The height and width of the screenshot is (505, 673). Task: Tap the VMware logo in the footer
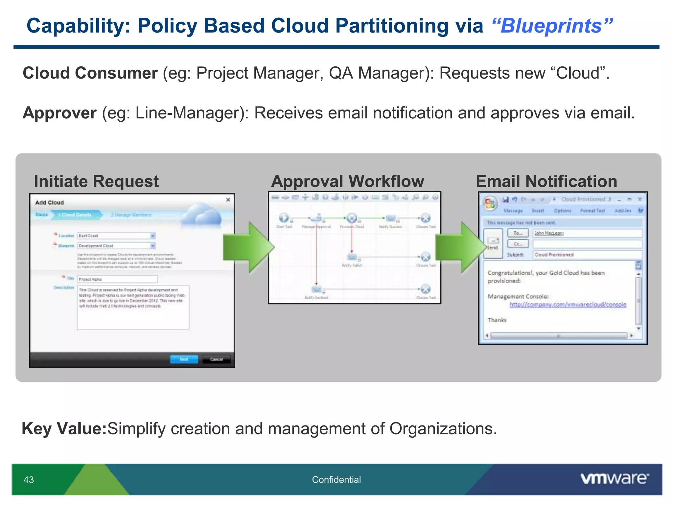[x=615, y=479]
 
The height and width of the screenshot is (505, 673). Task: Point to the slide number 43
[x=29, y=480]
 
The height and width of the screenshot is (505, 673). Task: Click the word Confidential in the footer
[x=336, y=480]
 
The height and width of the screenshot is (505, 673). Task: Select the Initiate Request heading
[x=96, y=181]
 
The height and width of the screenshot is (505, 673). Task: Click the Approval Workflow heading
[x=347, y=181]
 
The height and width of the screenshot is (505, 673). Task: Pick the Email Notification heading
[x=546, y=181]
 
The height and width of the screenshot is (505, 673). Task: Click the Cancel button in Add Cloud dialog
[x=216, y=359]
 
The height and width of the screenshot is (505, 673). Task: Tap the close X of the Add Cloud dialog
[x=228, y=200]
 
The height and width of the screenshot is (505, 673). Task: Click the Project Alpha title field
[x=117, y=279]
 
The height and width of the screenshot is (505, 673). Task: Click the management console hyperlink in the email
[x=568, y=305]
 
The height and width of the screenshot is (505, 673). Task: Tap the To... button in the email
[x=518, y=233]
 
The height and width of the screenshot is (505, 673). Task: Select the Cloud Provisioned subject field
[x=587, y=255]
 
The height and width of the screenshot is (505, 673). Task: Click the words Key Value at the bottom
[x=64, y=429]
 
